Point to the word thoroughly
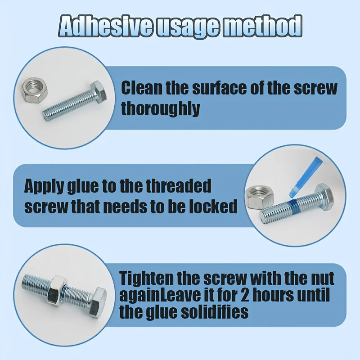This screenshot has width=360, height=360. coord(161,108)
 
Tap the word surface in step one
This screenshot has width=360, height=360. coord(220,88)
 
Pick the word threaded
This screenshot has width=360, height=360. coord(179,186)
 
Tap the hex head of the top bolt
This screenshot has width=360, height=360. coord(99,91)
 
